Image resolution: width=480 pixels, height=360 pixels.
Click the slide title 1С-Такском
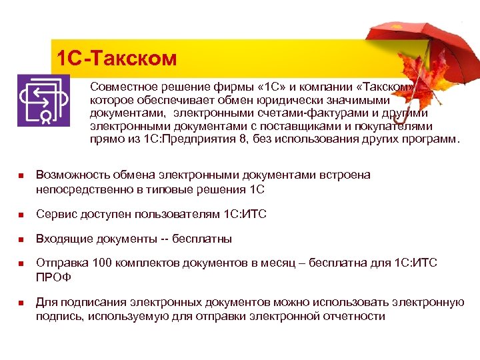(117, 59)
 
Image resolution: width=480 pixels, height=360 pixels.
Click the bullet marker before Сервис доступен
(21, 215)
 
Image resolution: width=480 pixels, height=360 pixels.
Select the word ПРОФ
(53, 277)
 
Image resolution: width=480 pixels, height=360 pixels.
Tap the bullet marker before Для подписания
(21, 303)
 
